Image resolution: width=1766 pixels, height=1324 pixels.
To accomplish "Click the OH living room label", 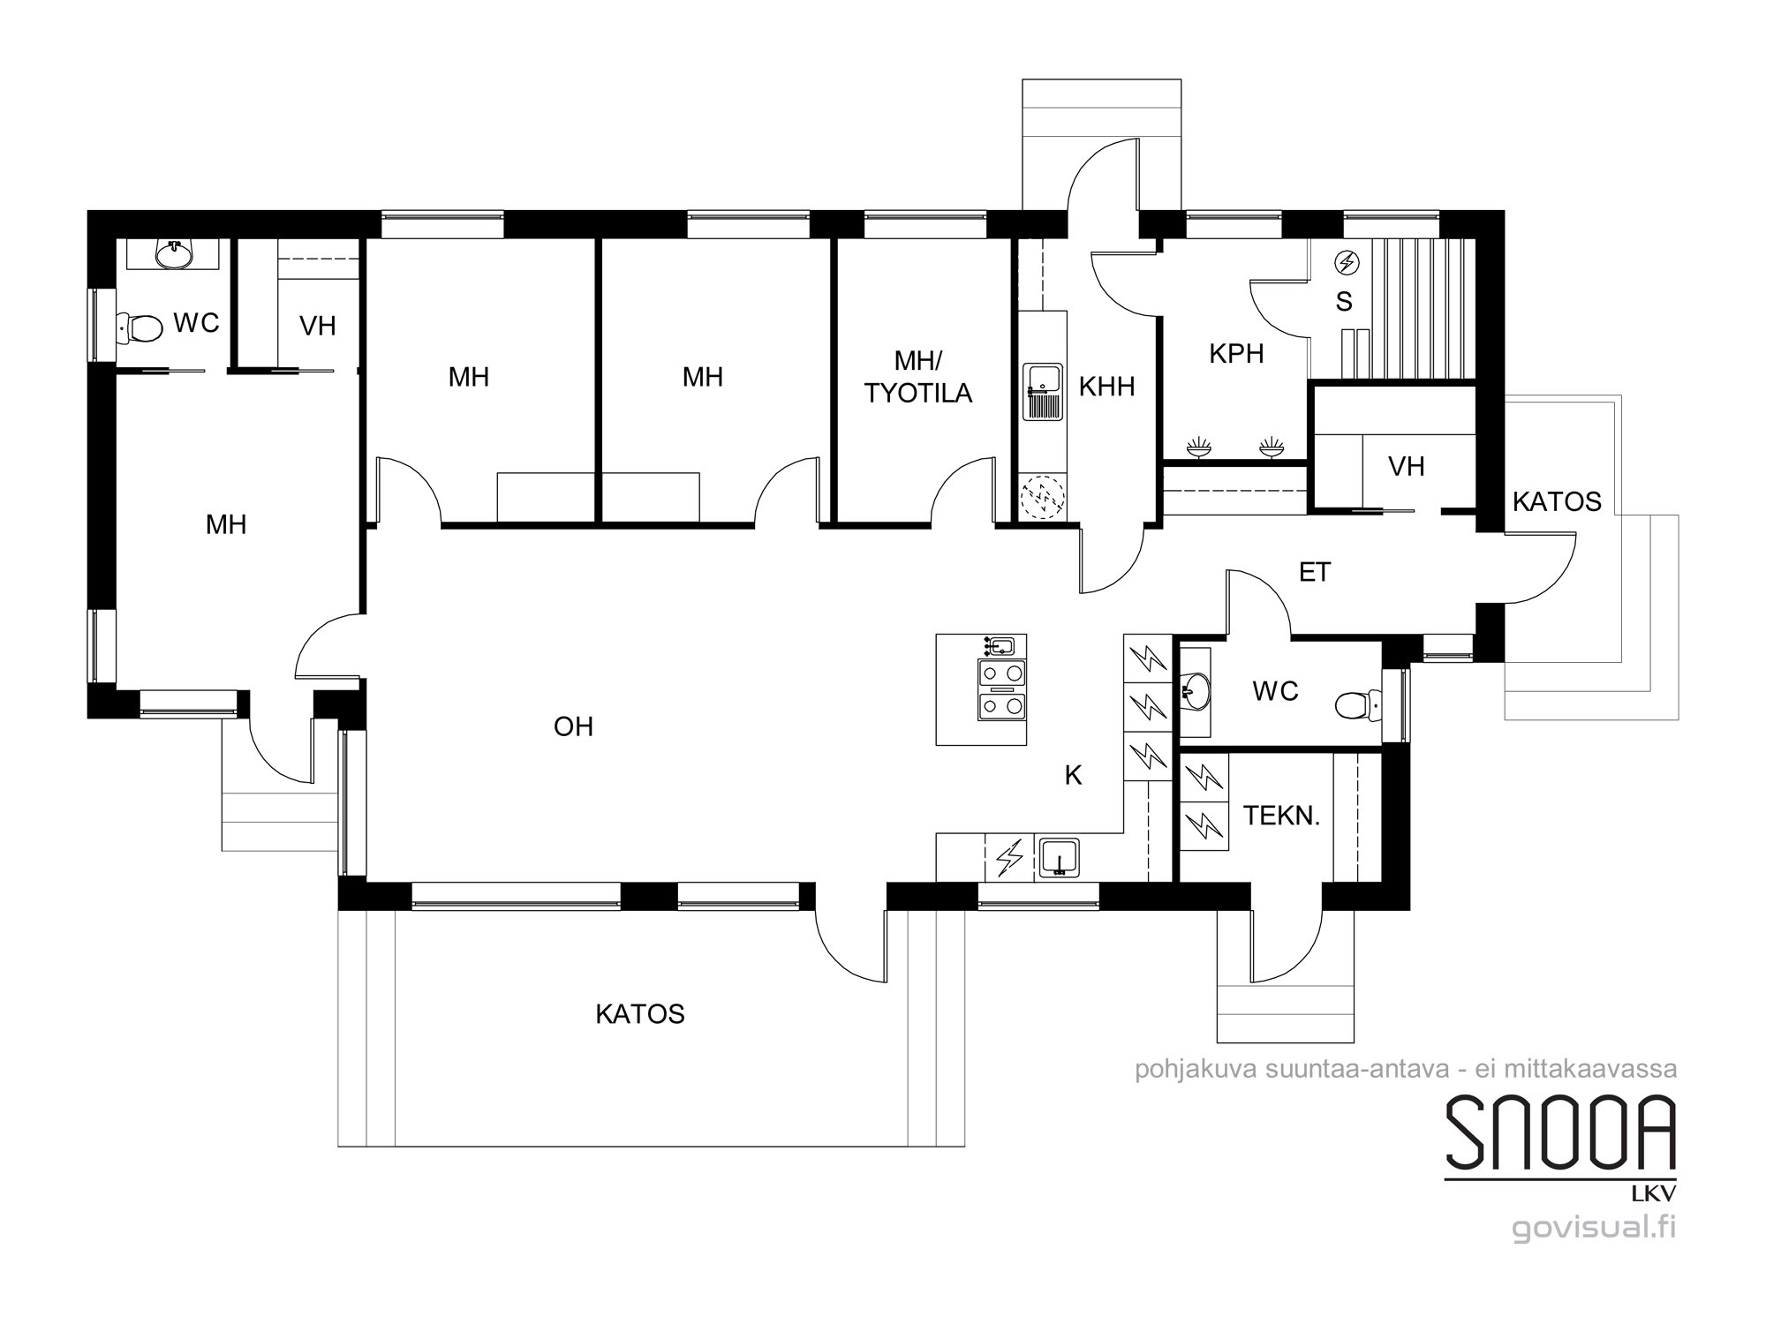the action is click(x=573, y=726).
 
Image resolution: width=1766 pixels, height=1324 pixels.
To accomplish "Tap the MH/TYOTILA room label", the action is click(x=918, y=377).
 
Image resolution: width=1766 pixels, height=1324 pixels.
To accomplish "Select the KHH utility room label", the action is click(x=1106, y=387).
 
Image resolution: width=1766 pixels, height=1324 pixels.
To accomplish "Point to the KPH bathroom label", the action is click(x=1236, y=354).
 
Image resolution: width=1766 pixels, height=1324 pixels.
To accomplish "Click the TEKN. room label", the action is click(x=1281, y=816).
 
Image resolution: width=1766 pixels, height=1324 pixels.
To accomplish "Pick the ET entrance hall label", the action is click(x=1315, y=573).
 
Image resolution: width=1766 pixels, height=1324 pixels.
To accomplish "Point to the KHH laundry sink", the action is click(x=1043, y=393).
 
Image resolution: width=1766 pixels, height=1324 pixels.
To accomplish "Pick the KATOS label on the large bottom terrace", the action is click(x=640, y=1014).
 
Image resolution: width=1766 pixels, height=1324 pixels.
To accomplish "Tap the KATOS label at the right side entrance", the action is click(x=1557, y=502).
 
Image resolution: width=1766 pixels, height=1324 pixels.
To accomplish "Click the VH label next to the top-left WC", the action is click(x=318, y=327).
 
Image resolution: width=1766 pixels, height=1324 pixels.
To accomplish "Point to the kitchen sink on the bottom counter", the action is click(x=1059, y=858).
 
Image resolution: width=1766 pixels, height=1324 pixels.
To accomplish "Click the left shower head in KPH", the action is click(x=1198, y=446).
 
